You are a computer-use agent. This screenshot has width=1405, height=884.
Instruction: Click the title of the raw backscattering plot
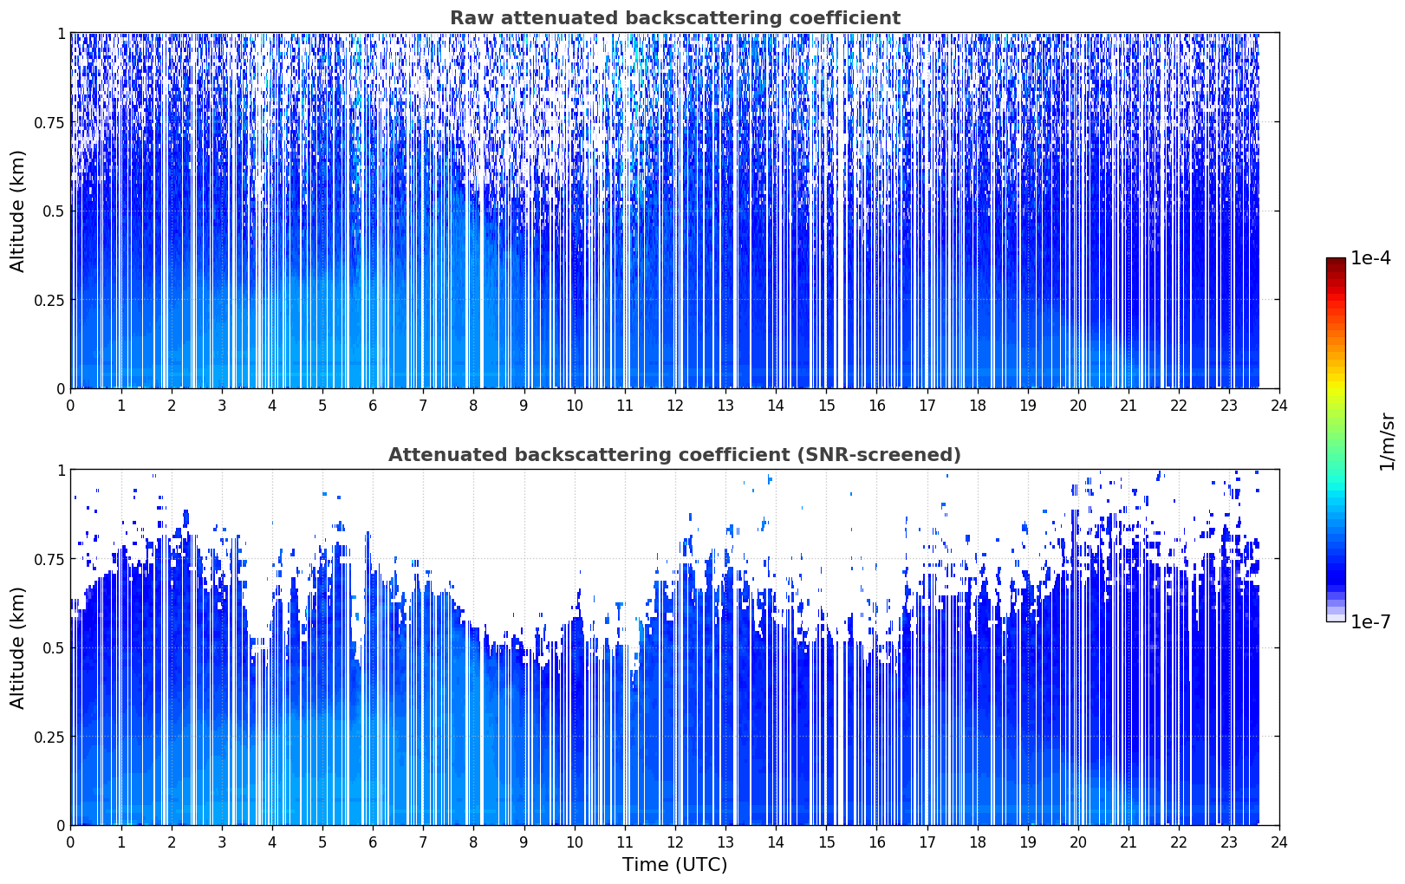pyautogui.click(x=675, y=17)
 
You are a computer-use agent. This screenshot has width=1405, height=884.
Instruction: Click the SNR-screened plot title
pyautogui.click(x=675, y=454)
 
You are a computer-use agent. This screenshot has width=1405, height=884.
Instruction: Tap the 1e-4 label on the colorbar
pyautogui.click(x=1370, y=257)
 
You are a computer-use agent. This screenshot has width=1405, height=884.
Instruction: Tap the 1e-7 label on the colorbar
pyautogui.click(x=1370, y=622)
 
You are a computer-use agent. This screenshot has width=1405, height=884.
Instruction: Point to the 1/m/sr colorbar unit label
pyautogui.click(x=1387, y=441)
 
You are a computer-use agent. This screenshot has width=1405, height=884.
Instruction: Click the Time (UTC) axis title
pyautogui.click(x=675, y=865)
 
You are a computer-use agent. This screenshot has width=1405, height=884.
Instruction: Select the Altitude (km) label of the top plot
pyautogui.click(x=17, y=211)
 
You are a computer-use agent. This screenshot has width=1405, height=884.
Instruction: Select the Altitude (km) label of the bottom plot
pyautogui.click(x=17, y=648)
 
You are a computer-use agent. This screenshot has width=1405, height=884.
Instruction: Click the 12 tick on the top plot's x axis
pyautogui.click(x=675, y=406)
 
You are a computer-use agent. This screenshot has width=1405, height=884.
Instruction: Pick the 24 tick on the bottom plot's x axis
pyautogui.click(x=1279, y=842)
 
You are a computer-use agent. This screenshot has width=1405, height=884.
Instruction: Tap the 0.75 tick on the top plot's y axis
pyautogui.click(x=49, y=122)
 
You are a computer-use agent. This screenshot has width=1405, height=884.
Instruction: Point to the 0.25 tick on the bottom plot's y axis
pyautogui.click(x=49, y=737)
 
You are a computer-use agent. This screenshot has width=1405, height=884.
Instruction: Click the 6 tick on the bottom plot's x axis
pyautogui.click(x=373, y=842)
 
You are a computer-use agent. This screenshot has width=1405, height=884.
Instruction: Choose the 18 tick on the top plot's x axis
pyautogui.click(x=977, y=406)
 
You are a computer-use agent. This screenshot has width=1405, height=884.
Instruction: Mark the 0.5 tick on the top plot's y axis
pyautogui.click(x=54, y=211)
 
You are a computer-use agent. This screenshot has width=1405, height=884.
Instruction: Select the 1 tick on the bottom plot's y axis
pyautogui.click(x=62, y=471)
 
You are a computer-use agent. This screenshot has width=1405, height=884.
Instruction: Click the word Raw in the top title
pyautogui.click(x=472, y=18)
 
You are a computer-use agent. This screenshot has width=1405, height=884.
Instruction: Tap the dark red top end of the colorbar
pyautogui.click(x=1336, y=261)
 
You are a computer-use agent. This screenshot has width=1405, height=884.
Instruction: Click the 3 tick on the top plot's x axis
pyautogui.click(x=221, y=406)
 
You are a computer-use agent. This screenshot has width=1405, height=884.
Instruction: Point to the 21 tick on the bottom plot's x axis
pyautogui.click(x=1129, y=842)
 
